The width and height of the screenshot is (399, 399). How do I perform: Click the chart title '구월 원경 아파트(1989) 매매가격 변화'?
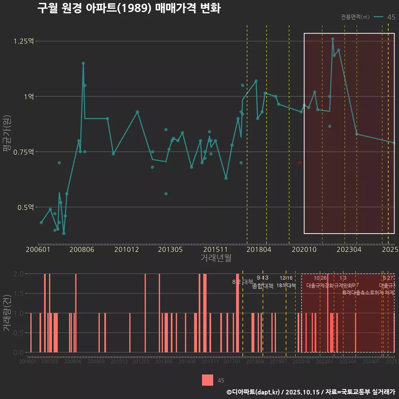[129, 8]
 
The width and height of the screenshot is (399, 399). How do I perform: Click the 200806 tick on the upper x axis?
[82, 250]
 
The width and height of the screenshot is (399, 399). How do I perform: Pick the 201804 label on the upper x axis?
[259, 250]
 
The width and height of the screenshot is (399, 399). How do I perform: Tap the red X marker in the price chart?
[300, 163]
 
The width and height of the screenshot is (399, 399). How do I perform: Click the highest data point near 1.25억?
[332, 39]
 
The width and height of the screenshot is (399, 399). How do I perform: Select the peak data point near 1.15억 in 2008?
[83, 63]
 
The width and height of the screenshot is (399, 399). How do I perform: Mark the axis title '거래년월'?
[216, 258]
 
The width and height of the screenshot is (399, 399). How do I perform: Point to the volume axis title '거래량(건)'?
[7, 313]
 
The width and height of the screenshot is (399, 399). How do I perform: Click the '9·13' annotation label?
[263, 278]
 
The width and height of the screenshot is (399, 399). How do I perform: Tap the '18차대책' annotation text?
[286, 286]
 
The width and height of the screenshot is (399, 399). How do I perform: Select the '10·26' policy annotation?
[320, 278]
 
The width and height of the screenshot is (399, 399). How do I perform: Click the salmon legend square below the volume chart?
[208, 380]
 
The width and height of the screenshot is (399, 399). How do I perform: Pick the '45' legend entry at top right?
[391, 17]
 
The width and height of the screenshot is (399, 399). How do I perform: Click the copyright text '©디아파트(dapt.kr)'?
[254, 392]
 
